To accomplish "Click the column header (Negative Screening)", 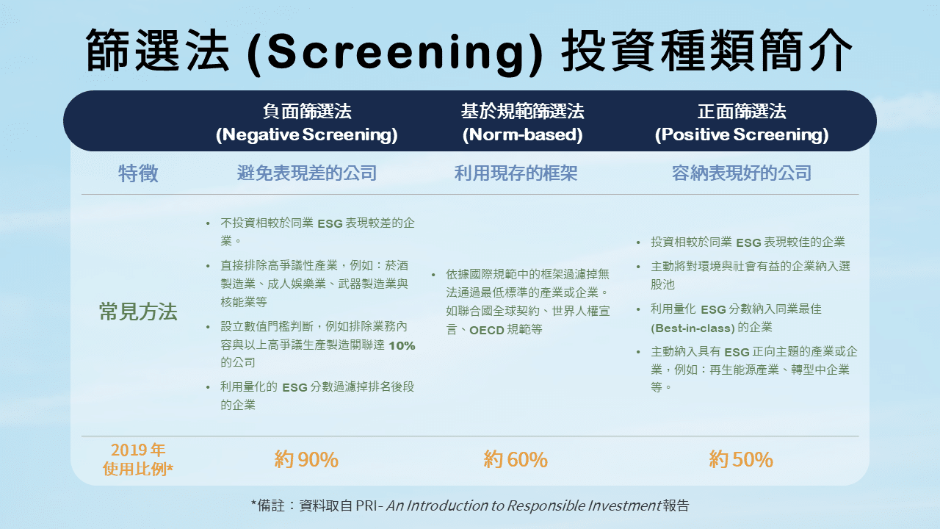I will click(306, 135).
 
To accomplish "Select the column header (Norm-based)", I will click(522, 135).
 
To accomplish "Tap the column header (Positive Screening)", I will click(742, 135).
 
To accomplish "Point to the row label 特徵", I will click(138, 174).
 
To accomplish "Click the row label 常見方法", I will click(138, 312).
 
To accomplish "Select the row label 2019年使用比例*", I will click(138, 459).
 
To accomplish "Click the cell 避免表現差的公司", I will click(307, 173).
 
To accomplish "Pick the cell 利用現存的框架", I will click(516, 173).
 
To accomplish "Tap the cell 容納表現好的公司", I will click(742, 173).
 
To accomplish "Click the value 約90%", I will click(306, 460).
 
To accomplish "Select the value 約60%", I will click(516, 460).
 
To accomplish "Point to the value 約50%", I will click(741, 460).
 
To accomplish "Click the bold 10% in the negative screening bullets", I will click(402, 345).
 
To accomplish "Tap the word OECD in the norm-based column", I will click(487, 330).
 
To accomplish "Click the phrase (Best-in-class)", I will click(693, 328).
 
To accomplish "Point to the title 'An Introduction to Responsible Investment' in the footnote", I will click(523, 505).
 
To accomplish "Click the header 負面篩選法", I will click(307, 112).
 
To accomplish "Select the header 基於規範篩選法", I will click(522, 112).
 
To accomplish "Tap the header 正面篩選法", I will click(742, 112).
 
